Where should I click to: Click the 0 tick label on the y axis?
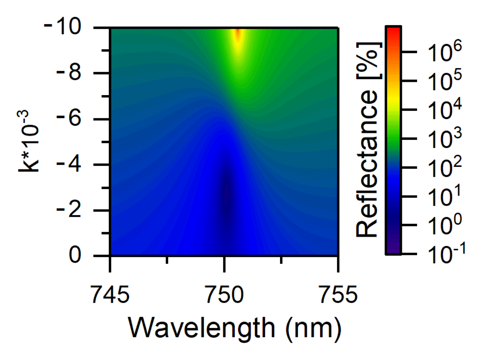click(75, 255)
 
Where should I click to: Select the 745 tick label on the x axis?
click(110, 295)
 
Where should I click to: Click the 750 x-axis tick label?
click(224, 295)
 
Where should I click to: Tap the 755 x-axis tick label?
click(338, 295)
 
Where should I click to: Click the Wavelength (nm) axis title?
click(235, 328)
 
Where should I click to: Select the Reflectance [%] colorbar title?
click(367, 140)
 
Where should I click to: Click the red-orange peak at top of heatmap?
click(238, 35)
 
